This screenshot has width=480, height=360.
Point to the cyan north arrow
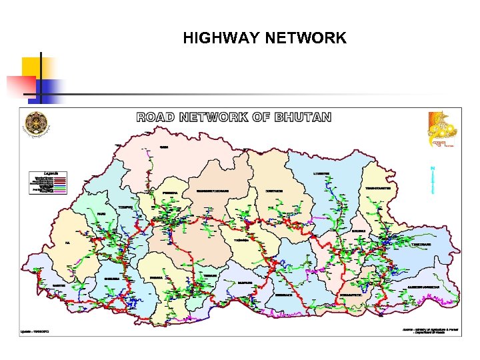point(433,180)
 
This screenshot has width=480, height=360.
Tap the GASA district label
point(163,147)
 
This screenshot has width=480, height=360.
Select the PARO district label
point(101,213)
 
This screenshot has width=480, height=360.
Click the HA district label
point(67,243)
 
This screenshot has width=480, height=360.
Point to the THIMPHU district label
point(126,207)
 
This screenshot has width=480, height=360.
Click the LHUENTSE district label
point(321,173)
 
